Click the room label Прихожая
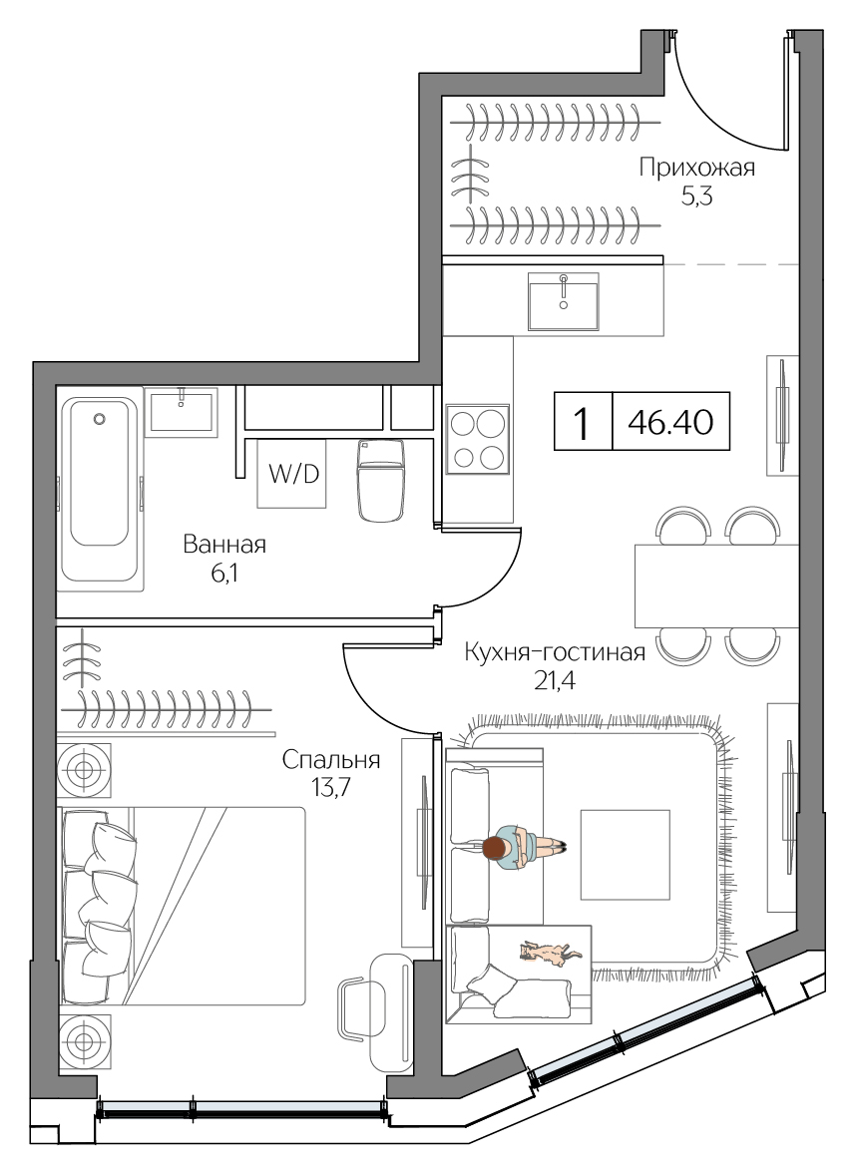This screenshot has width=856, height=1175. (697, 168)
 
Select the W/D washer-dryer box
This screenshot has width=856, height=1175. (292, 474)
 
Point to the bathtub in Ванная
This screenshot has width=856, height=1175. (100, 489)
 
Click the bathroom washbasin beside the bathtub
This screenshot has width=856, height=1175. (181, 411)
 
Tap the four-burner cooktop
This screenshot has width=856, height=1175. (477, 440)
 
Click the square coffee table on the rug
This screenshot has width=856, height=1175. (626, 854)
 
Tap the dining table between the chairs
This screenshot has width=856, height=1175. (716, 586)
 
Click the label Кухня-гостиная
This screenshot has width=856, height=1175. (555, 652)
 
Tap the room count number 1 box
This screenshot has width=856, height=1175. (583, 423)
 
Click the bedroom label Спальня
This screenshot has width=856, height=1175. (331, 760)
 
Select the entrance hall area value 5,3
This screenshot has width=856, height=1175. (696, 196)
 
